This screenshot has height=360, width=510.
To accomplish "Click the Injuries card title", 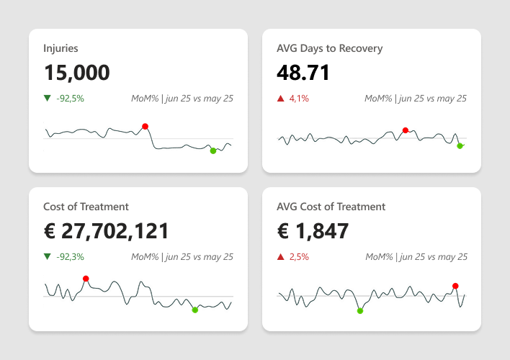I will tap(61, 48).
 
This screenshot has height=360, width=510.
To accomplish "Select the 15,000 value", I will tap(76, 73).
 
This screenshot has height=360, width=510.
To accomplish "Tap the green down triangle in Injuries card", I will tap(48, 98).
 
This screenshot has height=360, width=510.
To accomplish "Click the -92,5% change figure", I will tap(70, 98).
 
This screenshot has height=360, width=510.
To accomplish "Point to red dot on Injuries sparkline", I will tap(145, 126).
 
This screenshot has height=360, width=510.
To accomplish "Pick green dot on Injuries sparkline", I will tap(212, 150).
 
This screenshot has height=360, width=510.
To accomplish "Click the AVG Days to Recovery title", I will tap(329, 48).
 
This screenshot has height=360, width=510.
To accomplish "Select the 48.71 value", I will tap(303, 73).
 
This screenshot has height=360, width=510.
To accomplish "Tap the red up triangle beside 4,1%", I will tap(281, 98).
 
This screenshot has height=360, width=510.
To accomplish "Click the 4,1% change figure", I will tap(299, 98).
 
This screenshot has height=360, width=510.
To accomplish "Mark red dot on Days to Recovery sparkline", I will tap(406, 130).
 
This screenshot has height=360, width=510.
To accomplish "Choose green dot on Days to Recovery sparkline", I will tap(460, 145).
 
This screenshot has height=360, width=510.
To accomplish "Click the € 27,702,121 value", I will tap(107, 231).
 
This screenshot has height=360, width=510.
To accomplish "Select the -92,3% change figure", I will tap(70, 256).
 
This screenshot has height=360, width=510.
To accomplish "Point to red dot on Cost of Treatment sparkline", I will tap(86, 279).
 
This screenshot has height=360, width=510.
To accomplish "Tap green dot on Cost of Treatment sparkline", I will tap(195, 310).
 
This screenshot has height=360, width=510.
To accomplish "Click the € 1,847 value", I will tap(313, 231).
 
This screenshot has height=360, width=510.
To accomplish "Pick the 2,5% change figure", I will tap(299, 256).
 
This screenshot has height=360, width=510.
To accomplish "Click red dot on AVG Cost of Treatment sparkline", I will tap(455, 286).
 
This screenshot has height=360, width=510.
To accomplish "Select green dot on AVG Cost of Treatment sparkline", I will tap(360, 310).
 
